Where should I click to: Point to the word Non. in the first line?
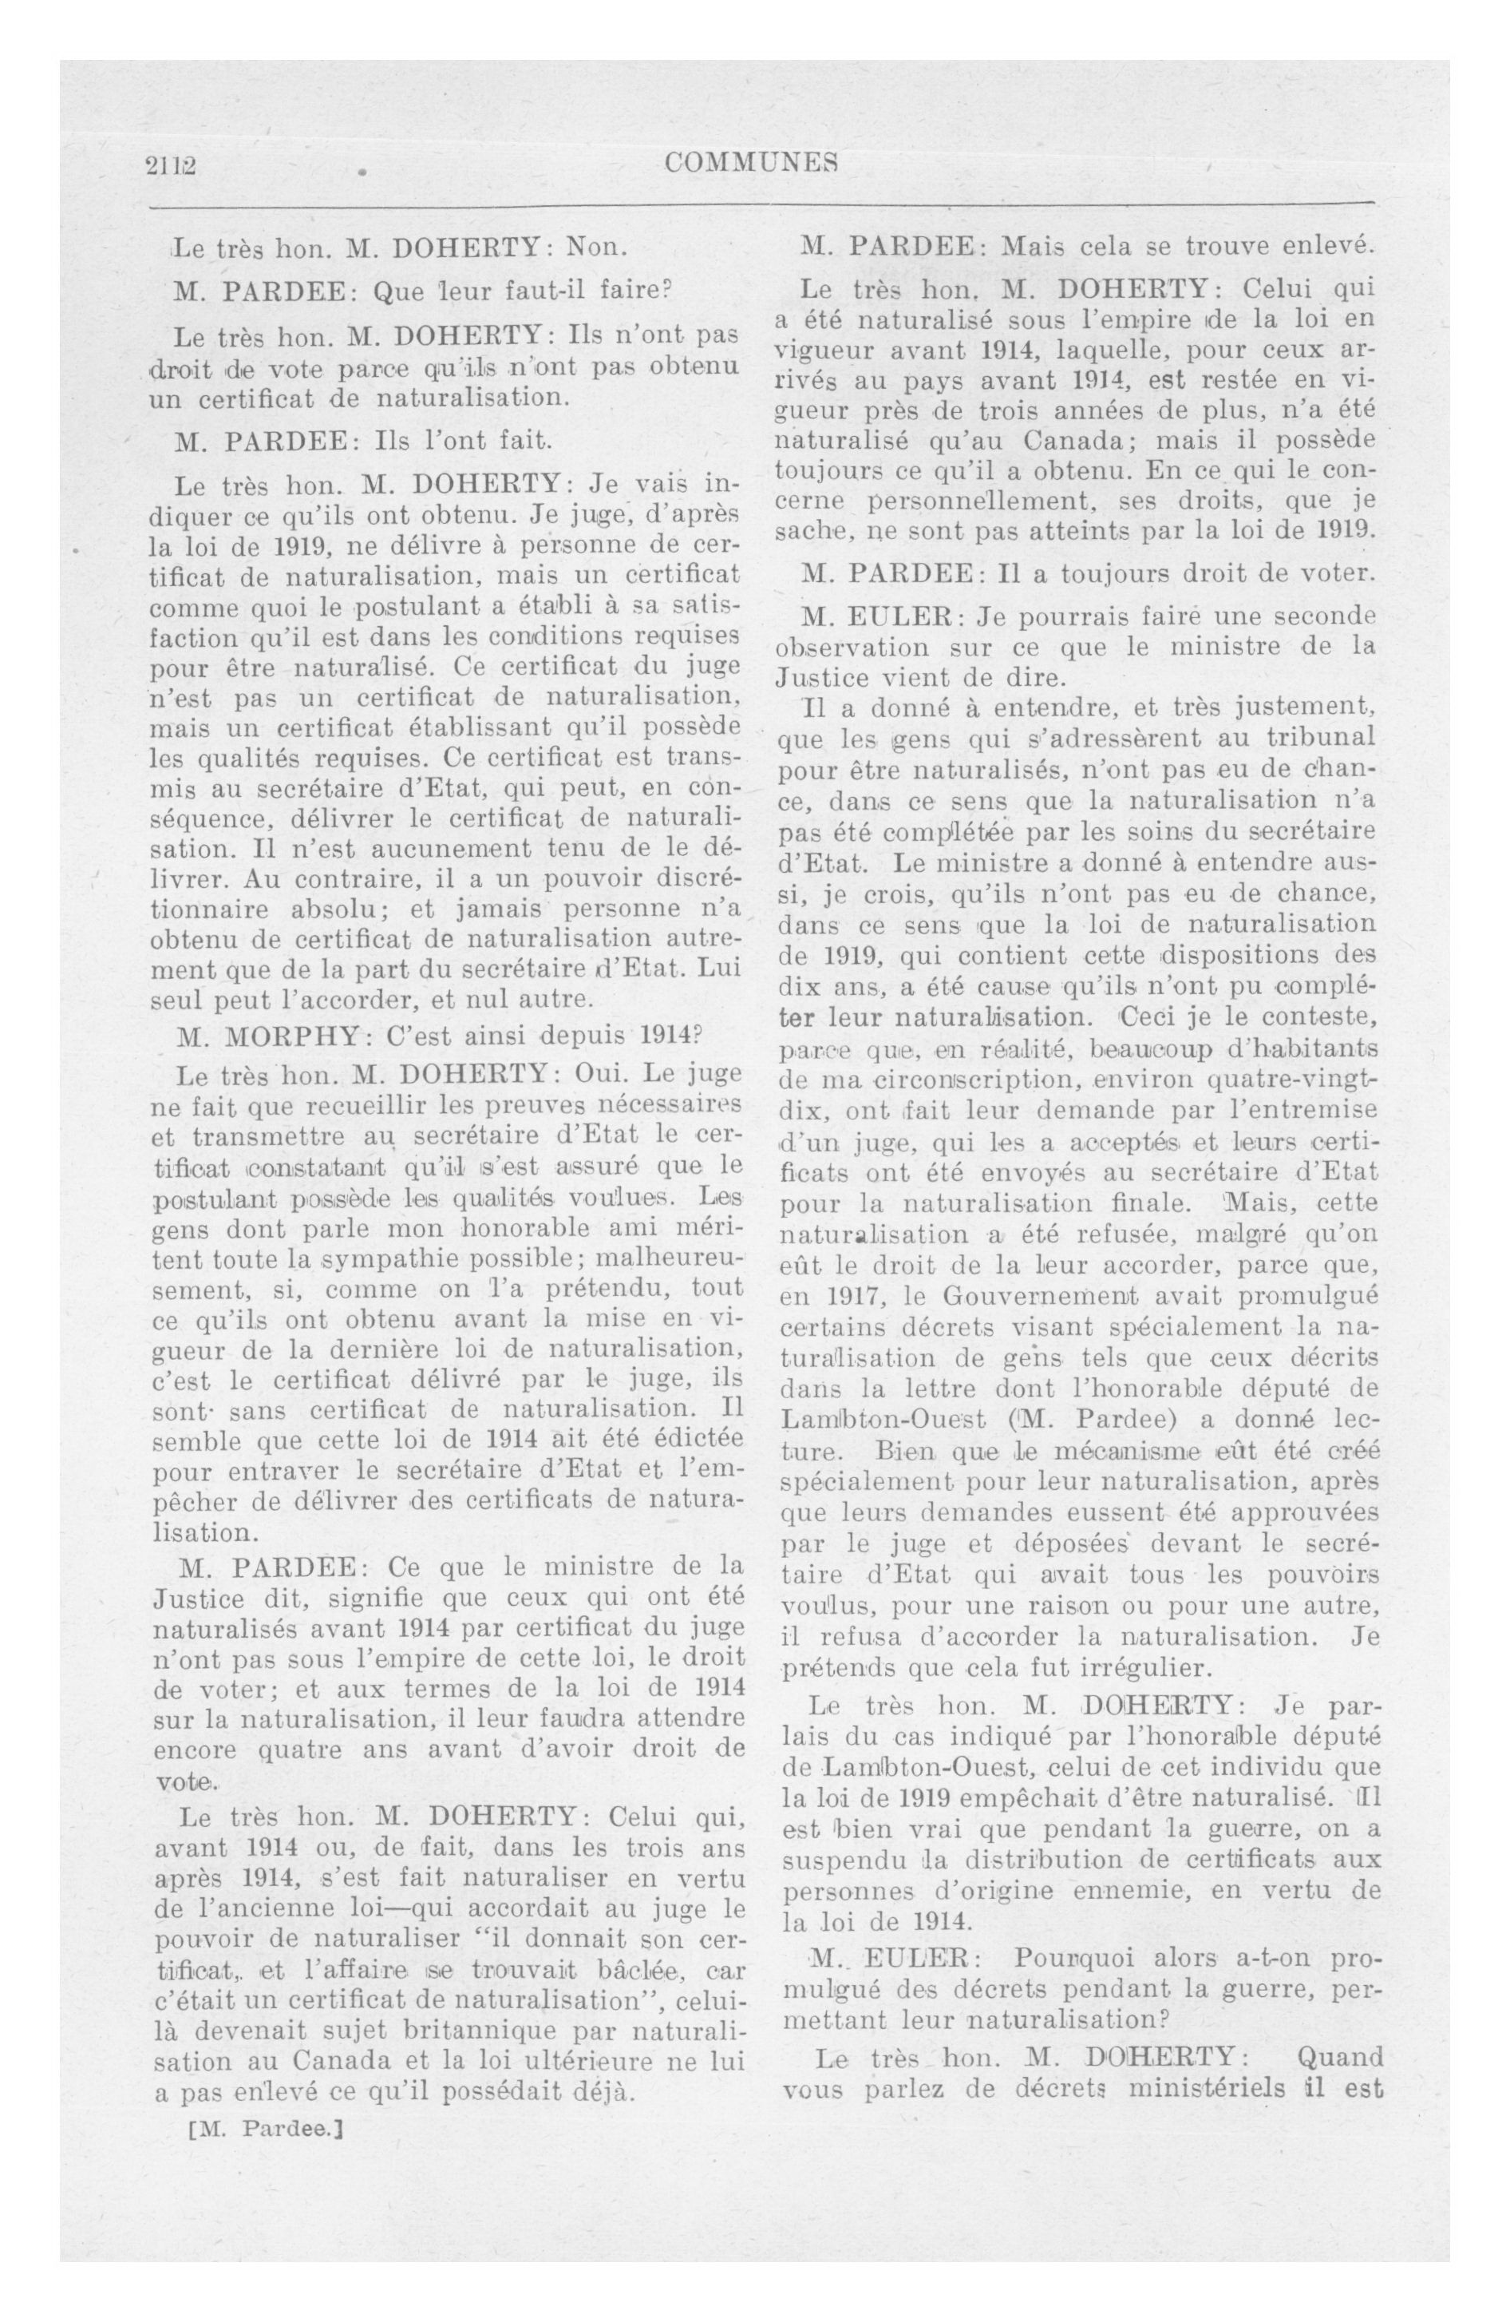(x=597, y=247)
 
